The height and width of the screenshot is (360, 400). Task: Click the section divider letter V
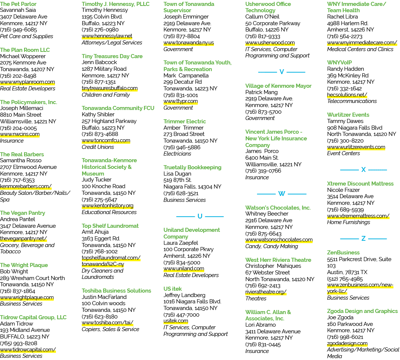coord(281,72)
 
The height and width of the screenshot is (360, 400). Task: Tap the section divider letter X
coord(364,170)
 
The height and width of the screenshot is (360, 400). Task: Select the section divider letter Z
coord(364,239)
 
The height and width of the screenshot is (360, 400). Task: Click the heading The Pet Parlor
coord(18,4)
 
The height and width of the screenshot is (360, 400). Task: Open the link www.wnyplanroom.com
coord(27,82)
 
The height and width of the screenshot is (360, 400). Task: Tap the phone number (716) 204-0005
coord(19,128)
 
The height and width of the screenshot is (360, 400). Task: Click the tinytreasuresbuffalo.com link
coord(110,88)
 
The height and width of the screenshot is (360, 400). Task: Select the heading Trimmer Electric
coord(185,121)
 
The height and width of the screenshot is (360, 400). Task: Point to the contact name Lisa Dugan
coord(177,174)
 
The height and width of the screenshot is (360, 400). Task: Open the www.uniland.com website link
coord(184,269)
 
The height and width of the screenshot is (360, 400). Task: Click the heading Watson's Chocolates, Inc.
coord(278,208)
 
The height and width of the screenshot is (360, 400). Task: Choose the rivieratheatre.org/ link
coord(266,292)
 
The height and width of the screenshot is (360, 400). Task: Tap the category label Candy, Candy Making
coord(272,246)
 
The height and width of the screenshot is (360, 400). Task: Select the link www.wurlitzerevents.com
coord(356,147)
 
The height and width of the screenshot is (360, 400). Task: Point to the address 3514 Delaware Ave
coord(350,196)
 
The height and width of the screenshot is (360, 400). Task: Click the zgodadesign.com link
coord(347,343)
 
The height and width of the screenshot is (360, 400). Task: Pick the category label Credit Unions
coord(98,147)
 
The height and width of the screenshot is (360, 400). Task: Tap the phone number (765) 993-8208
coord(19,343)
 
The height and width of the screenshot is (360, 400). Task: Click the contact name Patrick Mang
coord(261,92)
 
